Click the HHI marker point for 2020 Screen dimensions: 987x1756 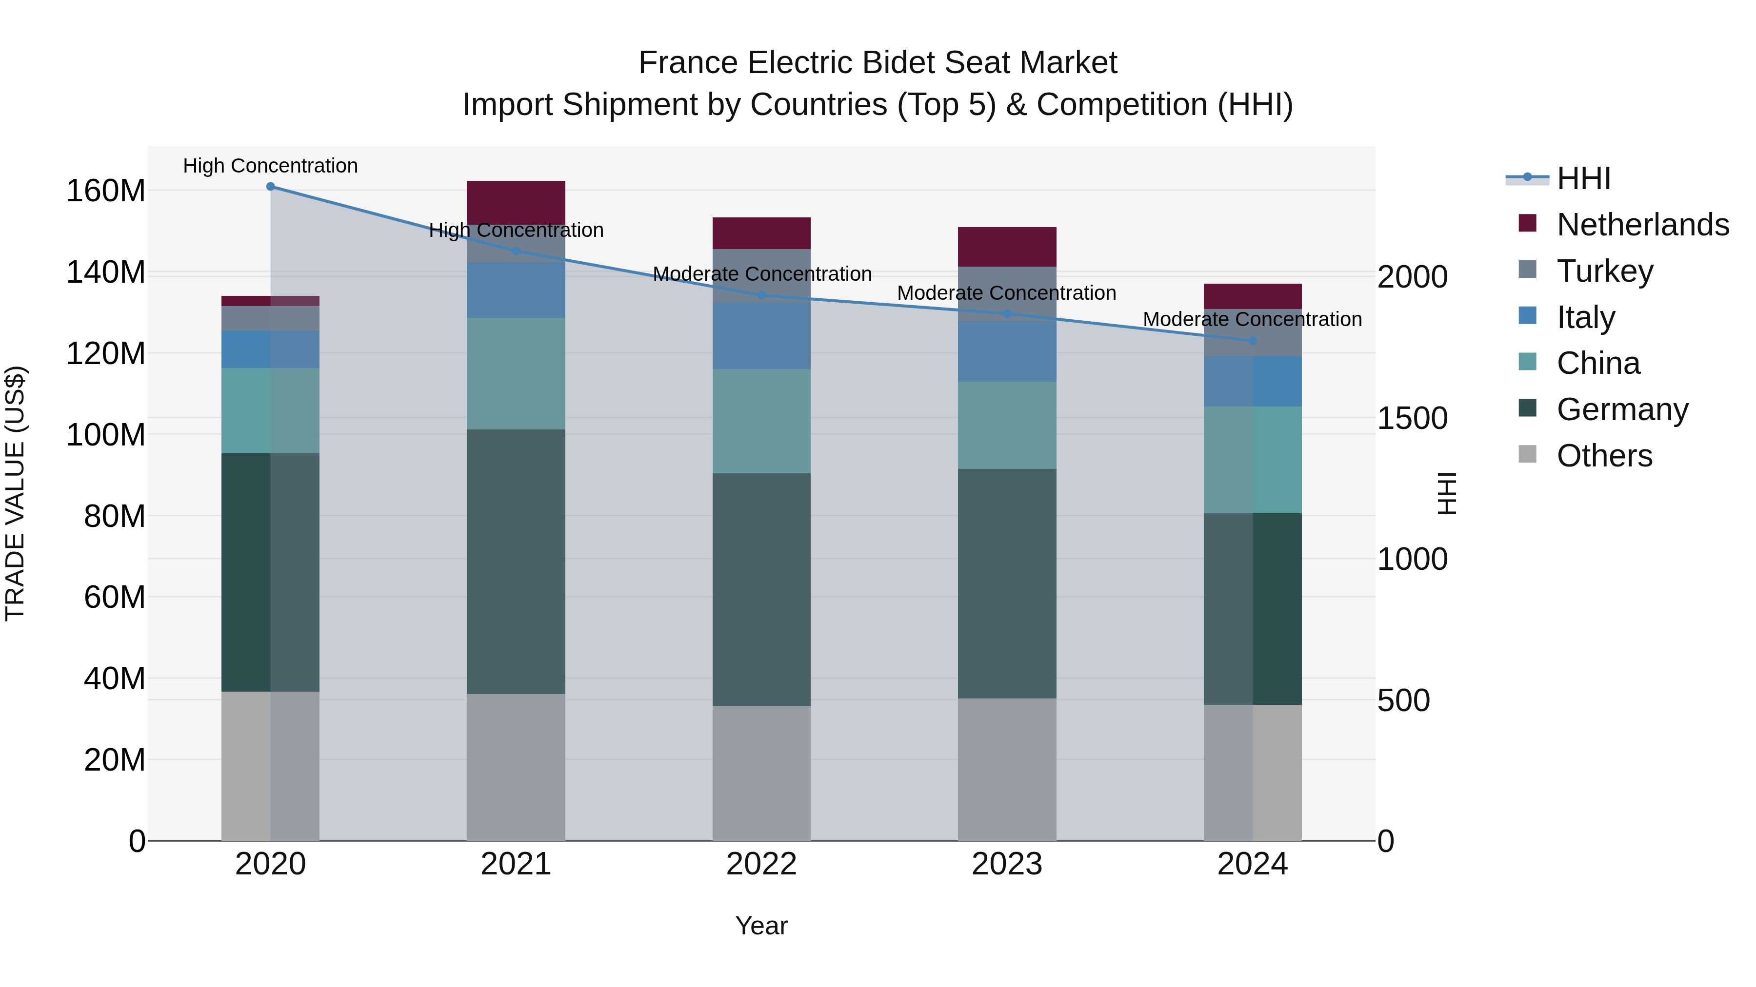(x=271, y=187)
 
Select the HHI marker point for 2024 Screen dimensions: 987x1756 (x=1252, y=341)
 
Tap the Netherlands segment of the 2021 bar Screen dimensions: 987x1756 (x=516, y=202)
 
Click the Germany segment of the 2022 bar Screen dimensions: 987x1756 (x=761, y=589)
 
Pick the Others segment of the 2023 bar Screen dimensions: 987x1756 (x=1007, y=769)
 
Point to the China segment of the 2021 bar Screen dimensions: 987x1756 (x=516, y=373)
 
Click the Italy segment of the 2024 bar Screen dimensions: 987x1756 (x=1252, y=382)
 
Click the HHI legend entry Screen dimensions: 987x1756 (x=1583, y=178)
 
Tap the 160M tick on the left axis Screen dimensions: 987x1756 (x=106, y=192)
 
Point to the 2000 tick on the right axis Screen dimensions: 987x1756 (x=1412, y=277)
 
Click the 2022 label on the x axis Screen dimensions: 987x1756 (x=761, y=864)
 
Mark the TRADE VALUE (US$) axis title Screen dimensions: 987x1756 (x=15, y=493)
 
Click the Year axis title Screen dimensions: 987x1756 (x=761, y=926)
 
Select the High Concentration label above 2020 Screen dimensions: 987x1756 (x=271, y=166)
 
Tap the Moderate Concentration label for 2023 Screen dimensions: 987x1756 (x=1006, y=293)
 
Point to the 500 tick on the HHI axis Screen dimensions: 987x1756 (x=1403, y=700)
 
